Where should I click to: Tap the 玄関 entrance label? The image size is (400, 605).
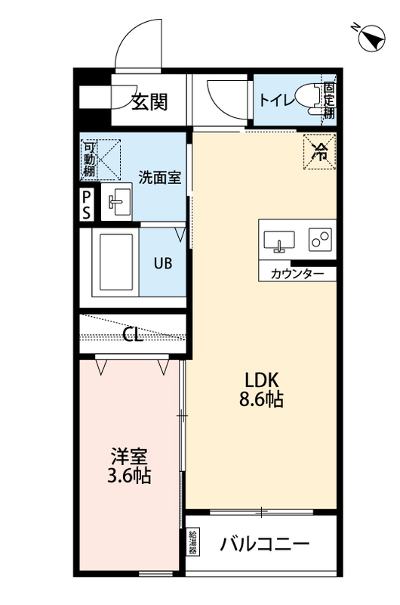click(149, 102)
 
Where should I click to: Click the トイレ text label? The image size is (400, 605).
click(277, 101)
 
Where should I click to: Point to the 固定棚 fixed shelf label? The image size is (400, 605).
click(329, 101)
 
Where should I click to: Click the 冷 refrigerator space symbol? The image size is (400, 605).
click(319, 151)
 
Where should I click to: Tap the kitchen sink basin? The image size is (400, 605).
click(279, 241)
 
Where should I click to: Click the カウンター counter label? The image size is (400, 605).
click(297, 274)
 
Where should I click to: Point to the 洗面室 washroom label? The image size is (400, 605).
click(159, 178)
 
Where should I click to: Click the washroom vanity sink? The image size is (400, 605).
click(117, 201)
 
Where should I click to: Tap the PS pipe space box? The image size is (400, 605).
click(87, 206)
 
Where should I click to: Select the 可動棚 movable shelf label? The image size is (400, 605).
click(89, 160)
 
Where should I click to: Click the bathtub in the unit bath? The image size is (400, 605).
click(116, 262)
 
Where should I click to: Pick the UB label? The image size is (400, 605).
click(163, 263)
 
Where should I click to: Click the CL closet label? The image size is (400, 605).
click(133, 334)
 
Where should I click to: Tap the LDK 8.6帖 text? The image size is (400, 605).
click(261, 390)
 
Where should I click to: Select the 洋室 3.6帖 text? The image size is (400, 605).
click(129, 466)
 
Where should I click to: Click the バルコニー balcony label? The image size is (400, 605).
click(264, 544)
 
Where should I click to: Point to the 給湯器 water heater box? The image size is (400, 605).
click(193, 542)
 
